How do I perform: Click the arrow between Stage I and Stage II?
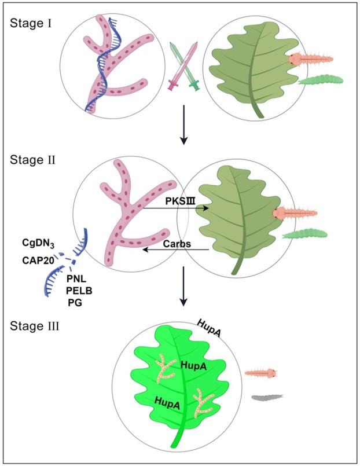click(183, 124)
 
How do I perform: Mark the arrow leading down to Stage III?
click(183, 286)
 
